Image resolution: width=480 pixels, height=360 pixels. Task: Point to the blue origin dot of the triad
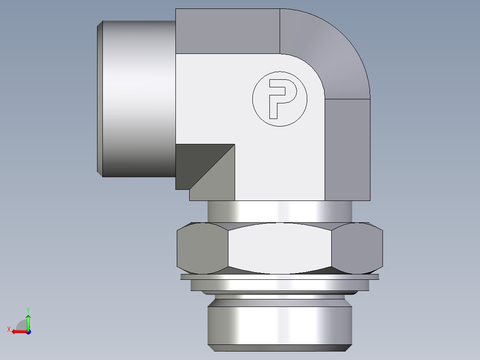28,332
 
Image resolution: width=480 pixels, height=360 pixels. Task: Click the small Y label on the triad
28,309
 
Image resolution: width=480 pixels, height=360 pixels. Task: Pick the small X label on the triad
8,329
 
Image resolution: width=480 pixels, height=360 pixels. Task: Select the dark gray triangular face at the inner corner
196,163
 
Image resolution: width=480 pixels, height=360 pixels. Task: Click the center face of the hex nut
280,248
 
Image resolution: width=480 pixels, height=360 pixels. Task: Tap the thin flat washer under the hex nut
280,277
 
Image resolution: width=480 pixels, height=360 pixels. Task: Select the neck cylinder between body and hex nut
280,211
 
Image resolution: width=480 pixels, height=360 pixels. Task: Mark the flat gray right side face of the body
347,149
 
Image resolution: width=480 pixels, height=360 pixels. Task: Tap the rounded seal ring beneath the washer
280,293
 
